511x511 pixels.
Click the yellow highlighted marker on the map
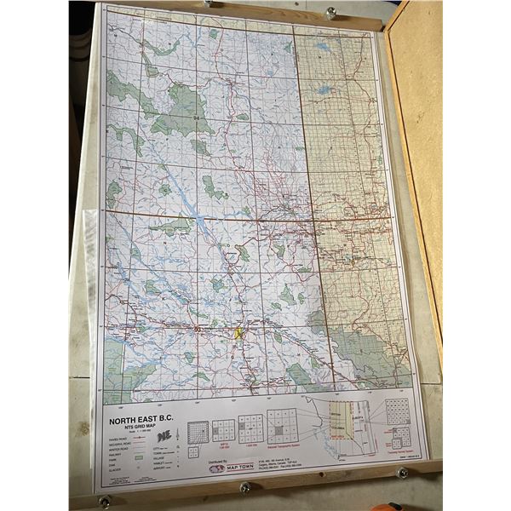[239, 334]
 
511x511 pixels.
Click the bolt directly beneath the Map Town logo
[245, 487]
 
